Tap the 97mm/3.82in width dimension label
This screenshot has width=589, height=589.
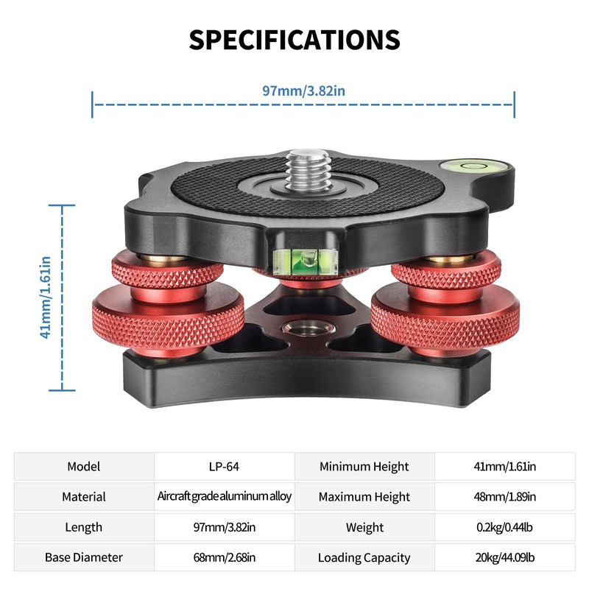pyautogui.click(x=303, y=91)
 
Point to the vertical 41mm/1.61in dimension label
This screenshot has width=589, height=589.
pyautogui.click(x=45, y=297)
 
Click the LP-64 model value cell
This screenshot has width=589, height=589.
pyautogui.click(x=224, y=467)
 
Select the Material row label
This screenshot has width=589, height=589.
pyautogui.click(x=84, y=497)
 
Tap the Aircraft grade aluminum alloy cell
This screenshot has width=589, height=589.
pyautogui.click(x=224, y=497)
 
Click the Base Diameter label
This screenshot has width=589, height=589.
pyautogui.click(x=84, y=557)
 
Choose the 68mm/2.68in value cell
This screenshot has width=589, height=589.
pyautogui.click(x=224, y=557)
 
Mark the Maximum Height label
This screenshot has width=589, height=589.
pyautogui.click(x=364, y=497)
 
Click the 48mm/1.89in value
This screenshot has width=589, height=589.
pyautogui.click(x=505, y=497)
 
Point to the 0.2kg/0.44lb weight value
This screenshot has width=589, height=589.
pyautogui.click(x=505, y=527)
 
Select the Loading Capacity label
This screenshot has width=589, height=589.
pyautogui.click(x=364, y=557)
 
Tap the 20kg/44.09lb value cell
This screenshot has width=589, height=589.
pyautogui.click(x=505, y=557)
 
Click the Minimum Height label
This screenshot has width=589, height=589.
pyautogui.click(x=364, y=467)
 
